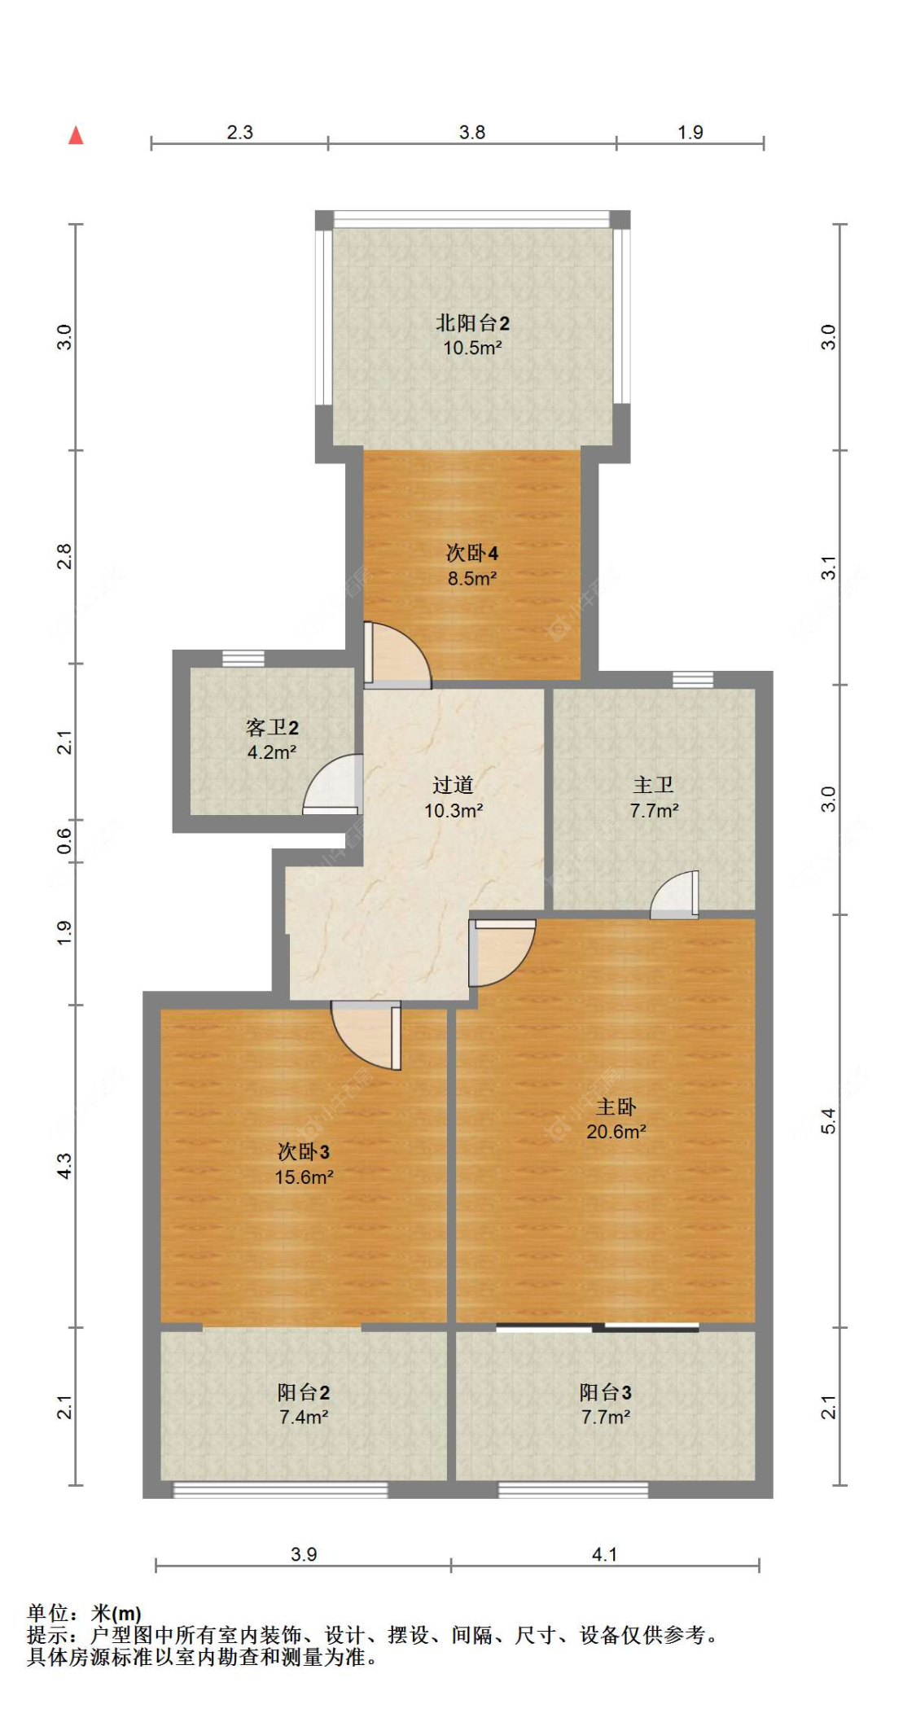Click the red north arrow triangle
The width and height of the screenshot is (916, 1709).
pyautogui.click(x=76, y=135)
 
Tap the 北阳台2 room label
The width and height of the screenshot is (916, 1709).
pyautogui.click(x=472, y=322)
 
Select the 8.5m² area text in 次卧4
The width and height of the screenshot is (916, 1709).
pyautogui.click(x=471, y=579)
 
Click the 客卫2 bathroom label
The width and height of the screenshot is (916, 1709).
pyautogui.click(x=272, y=727)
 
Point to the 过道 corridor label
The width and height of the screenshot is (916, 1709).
pyautogui.click(x=453, y=785)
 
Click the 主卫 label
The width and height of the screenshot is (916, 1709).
pyautogui.click(x=653, y=785)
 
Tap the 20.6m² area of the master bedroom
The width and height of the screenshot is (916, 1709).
pyautogui.click(x=616, y=1132)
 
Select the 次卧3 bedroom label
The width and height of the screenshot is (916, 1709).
pyautogui.click(x=303, y=1151)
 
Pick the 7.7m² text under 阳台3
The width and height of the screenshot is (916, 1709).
pyautogui.click(x=605, y=1418)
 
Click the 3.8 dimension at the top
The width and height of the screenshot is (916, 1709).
pyautogui.click(x=471, y=132)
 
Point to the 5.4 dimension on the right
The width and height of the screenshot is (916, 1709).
pyautogui.click(x=828, y=1121)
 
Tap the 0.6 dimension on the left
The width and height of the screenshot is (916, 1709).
pyautogui.click(x=64, y=841)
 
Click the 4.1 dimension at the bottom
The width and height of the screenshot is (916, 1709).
pyautogui.click(x=603, y=1554)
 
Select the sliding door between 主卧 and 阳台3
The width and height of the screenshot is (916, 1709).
pyautogui.click(x=597, y=1328)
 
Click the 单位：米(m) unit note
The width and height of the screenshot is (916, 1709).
pyautogui.click(x=84, y=1613)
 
